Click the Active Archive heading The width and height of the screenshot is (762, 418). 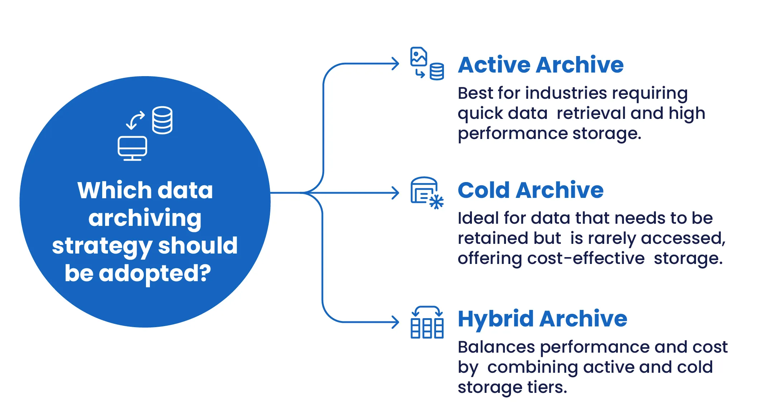[541, 65]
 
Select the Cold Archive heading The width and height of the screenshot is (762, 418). [530, 190]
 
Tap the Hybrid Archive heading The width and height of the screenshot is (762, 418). [542, 319]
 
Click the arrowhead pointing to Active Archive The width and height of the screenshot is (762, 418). [396, 64]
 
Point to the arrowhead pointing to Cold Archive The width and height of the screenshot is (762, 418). [396, 193]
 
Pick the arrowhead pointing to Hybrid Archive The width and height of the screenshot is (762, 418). [396, 322]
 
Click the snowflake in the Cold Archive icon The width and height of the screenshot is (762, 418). [436, 202]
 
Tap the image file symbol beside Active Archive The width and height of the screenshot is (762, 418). [418, 56]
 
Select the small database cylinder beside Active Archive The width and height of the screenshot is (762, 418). [437, 71]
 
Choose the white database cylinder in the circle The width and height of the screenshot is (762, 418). [162, 120]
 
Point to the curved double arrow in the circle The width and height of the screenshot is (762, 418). [136, 120]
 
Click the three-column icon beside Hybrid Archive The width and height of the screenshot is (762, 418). [427, 328]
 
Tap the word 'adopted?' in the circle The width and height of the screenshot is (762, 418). [155, 274]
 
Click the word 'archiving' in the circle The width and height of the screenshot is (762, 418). [145, 218]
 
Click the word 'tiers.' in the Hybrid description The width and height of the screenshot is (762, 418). [547, 387]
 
